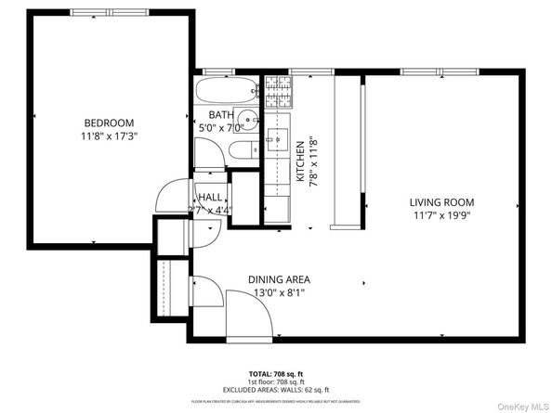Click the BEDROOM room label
[x=109, y=123]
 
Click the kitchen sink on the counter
[x=276, y=141]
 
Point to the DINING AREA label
[x=279, y=279]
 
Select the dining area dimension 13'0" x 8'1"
[x=279, y=293]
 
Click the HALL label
[x=209, y=198]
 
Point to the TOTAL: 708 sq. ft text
[x=276, y=370]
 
